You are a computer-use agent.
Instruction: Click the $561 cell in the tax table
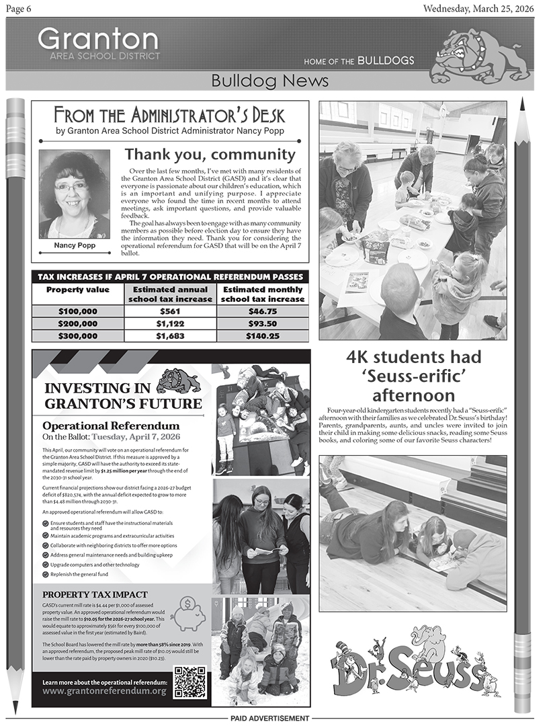(170, 311)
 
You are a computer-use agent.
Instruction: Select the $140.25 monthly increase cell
(263, 335)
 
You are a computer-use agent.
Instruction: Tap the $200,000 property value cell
(77, 323)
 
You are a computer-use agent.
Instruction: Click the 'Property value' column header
(77, 290)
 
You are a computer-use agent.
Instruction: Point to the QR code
(190, 682)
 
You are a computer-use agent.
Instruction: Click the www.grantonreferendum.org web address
(104, 690)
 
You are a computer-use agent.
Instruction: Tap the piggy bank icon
(187, 613)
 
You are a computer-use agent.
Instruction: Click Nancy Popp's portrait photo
(74, 194)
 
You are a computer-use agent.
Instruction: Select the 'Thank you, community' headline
(210, 155)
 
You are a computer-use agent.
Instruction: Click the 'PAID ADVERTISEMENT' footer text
(270, 719)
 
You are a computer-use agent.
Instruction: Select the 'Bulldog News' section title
(269, 81)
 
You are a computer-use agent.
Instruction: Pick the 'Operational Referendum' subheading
(111, 426)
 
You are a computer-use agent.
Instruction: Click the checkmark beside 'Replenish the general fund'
(45, 575)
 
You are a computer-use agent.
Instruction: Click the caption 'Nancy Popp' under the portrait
(74, 246)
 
